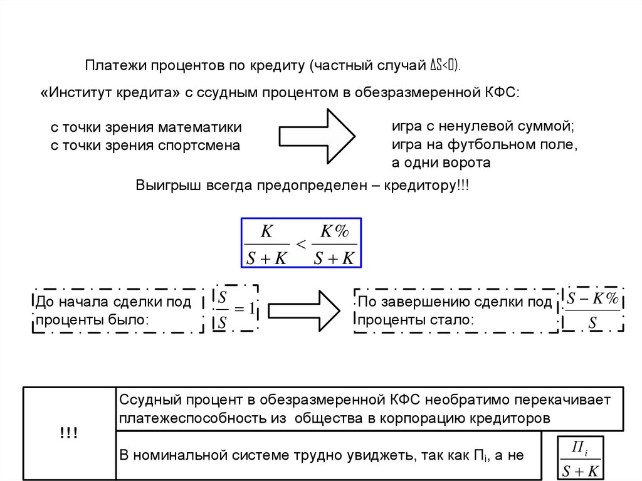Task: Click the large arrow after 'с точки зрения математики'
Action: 317,137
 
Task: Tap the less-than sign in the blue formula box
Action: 300,245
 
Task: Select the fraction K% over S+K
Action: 334,245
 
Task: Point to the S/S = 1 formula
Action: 236,309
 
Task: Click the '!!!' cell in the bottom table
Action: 69,433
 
